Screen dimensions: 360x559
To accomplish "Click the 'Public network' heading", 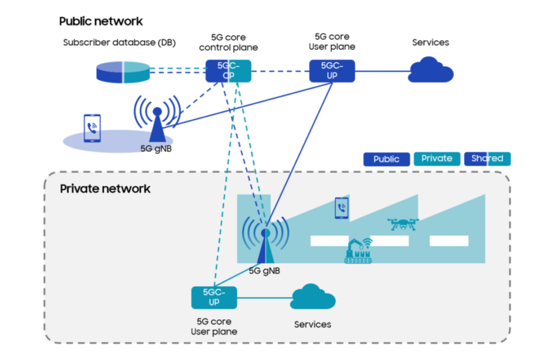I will click(x=100, y=21).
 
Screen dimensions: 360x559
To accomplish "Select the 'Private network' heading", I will click(x=105, y=189).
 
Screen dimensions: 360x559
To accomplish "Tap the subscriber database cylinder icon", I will click(x=122, y=71).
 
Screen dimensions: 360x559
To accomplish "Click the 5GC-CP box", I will click(x=228, y=71).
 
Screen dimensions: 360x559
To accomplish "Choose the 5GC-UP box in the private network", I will click(x=214, y=297).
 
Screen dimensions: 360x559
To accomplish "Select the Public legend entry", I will click(x=386, y=159).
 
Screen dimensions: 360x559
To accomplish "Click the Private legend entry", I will click(x=437, y=158).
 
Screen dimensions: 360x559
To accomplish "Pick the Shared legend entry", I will click(x=487, y=158).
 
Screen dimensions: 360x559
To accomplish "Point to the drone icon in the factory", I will click(x=403, y=224).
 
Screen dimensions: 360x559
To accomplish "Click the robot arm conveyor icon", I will click(x=358, y=251).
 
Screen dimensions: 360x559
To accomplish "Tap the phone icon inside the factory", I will click(x=342, y=208).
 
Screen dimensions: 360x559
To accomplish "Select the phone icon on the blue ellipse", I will click(x=92, y=128).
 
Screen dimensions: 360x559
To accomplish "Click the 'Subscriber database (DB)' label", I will click(x=119, y=43).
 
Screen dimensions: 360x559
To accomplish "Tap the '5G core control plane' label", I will click(x=228, y=43).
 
